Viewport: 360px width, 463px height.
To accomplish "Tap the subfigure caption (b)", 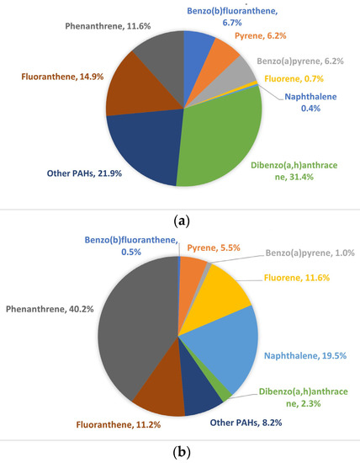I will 180,452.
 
